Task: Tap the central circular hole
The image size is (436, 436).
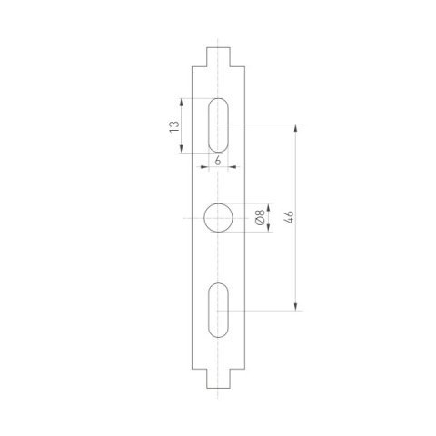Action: (x=218, y=218)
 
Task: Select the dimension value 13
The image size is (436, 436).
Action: (x=174, y=125)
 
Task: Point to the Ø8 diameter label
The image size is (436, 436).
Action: (x=259, y=218)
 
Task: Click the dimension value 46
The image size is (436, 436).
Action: (x=289, y=218)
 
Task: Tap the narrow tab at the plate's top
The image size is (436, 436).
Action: (x=218, y=57)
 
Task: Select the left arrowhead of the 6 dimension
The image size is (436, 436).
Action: (x=210, y=166)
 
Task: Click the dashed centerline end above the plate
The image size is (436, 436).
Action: (x=218, y=40)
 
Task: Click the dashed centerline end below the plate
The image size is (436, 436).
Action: (x=218, y=395)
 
